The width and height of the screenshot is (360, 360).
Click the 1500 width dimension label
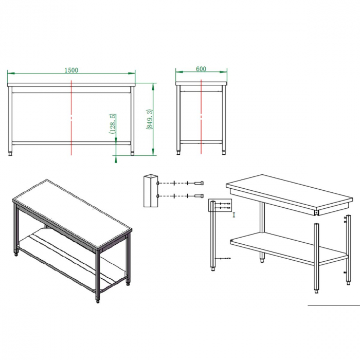coord(71,70)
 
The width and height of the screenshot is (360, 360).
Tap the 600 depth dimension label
coord(201,69)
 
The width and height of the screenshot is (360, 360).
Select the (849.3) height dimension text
coord(149,119)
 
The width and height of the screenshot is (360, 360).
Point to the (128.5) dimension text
coord(113,123)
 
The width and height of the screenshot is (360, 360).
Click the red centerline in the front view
coord(71,118)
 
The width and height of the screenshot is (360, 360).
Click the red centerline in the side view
coord(201,116)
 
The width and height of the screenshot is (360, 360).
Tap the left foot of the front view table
coord(10,153)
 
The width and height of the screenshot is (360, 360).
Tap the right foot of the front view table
coord(132,153)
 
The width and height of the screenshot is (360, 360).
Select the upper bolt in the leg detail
coord(199,183)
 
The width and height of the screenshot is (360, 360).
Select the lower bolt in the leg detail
coord(199,196)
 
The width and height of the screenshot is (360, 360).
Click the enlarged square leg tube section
coord(151,191)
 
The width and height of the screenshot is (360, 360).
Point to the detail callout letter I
coord(234,215)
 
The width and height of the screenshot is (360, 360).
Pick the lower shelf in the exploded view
coord(289,248)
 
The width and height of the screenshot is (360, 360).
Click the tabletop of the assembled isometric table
coord(72,214)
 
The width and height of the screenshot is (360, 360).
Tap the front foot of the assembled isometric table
coord(98,300)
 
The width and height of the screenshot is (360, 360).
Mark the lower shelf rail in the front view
coord(71,143)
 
